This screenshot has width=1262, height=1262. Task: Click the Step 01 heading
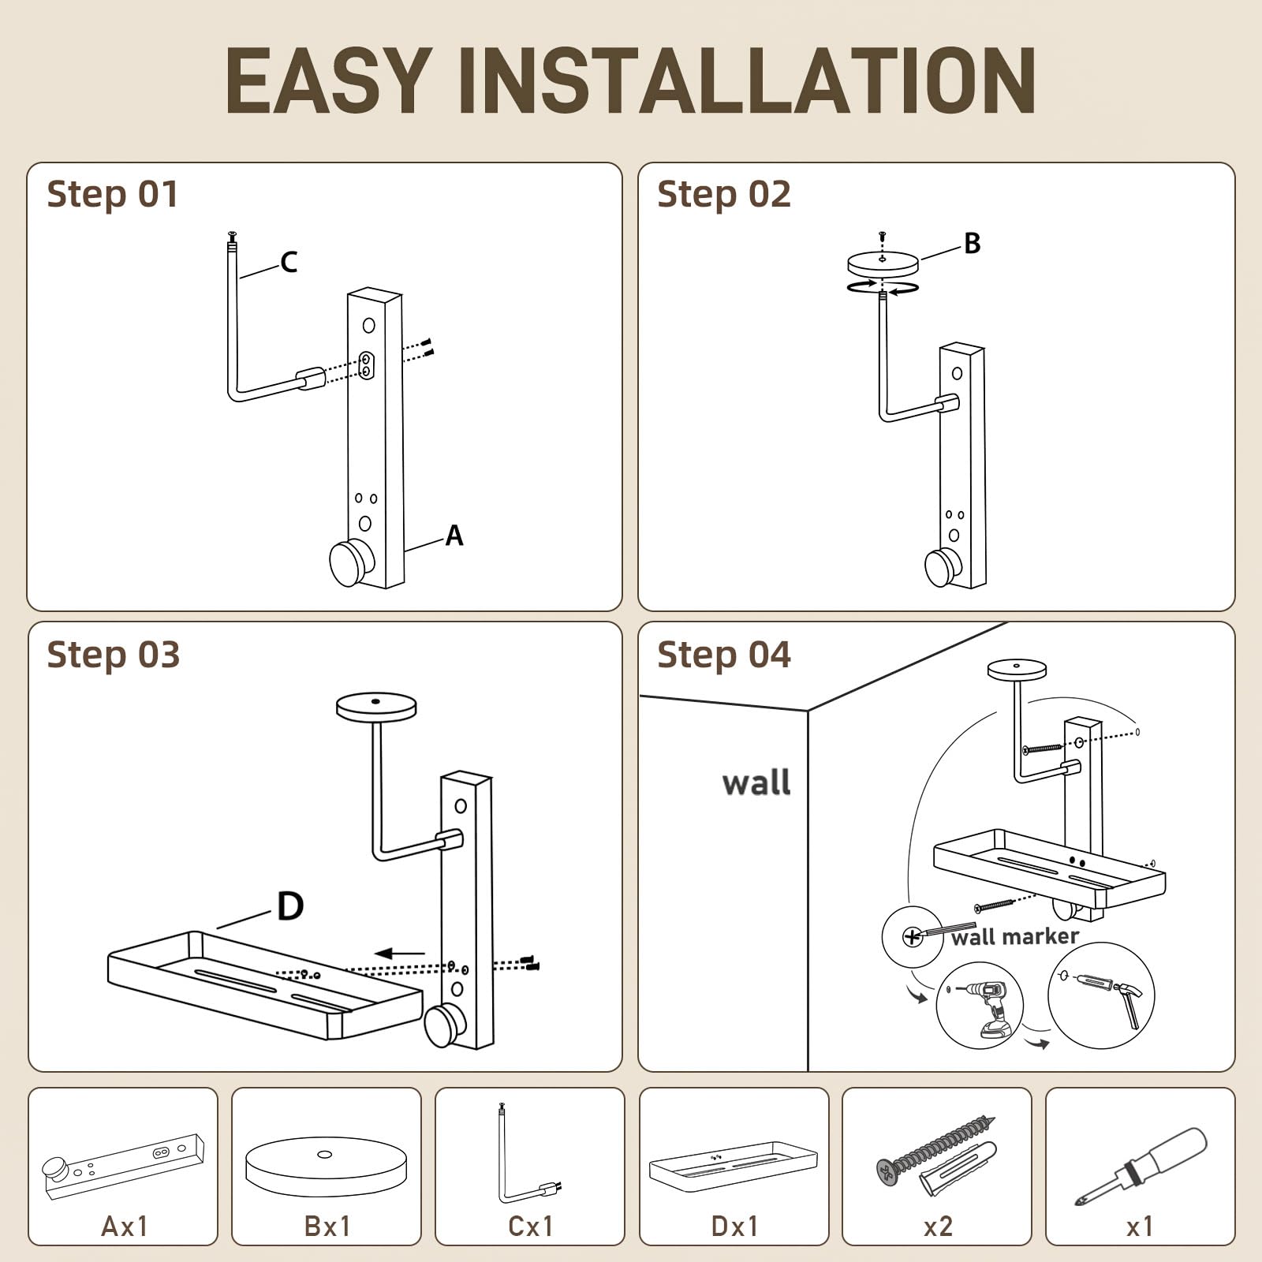[x=113, y=195]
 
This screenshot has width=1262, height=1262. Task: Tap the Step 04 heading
[x=723, y=655]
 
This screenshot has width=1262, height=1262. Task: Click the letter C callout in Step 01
[x=289, y=262]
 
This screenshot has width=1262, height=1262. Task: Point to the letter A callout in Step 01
[x=454, y=536]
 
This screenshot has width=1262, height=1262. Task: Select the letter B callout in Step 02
[x=973, y=244]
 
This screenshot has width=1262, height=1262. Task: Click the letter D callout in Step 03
[x=290, y=906]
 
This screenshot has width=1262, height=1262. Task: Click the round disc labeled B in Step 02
[x=883, y=263]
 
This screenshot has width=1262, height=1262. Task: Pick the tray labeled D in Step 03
[x=266, y=985]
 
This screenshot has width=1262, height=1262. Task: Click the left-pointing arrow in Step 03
[x=400, y=954]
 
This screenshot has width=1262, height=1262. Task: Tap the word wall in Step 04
[x=756, y=783]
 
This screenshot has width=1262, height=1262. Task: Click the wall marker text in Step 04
[x=1014, y=937]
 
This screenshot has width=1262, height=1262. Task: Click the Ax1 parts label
[x=125, y=1227]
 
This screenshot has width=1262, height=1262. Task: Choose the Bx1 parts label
[x=327, y=1227]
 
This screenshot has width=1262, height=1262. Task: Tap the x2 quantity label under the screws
[x=938, y=1227]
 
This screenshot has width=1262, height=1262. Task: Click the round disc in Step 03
[x=376, y=707]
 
